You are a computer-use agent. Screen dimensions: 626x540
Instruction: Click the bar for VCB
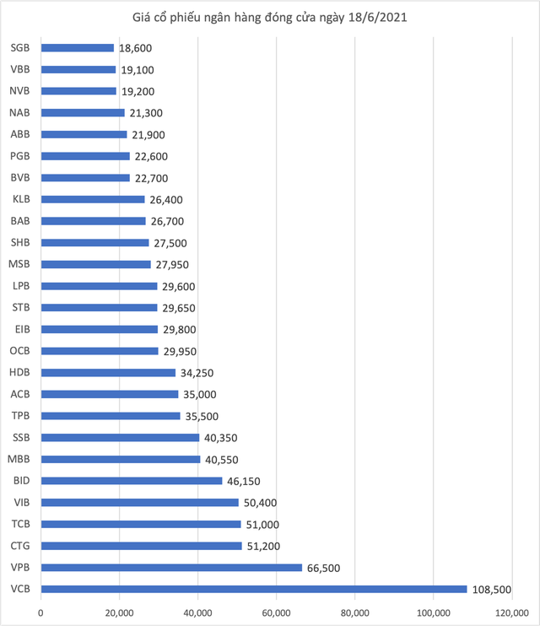253,589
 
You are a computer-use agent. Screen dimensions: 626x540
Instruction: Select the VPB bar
171,567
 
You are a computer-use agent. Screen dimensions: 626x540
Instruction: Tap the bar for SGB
77,48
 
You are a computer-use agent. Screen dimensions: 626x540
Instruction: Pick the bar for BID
132,481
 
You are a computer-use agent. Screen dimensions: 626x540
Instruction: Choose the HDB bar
108,373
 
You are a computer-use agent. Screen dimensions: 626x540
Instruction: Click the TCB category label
22,524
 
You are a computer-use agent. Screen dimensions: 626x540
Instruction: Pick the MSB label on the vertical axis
20,264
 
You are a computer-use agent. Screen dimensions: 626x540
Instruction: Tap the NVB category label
20,91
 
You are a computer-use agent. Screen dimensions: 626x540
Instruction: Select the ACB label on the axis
21,394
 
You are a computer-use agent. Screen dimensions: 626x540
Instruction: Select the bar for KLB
92,200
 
